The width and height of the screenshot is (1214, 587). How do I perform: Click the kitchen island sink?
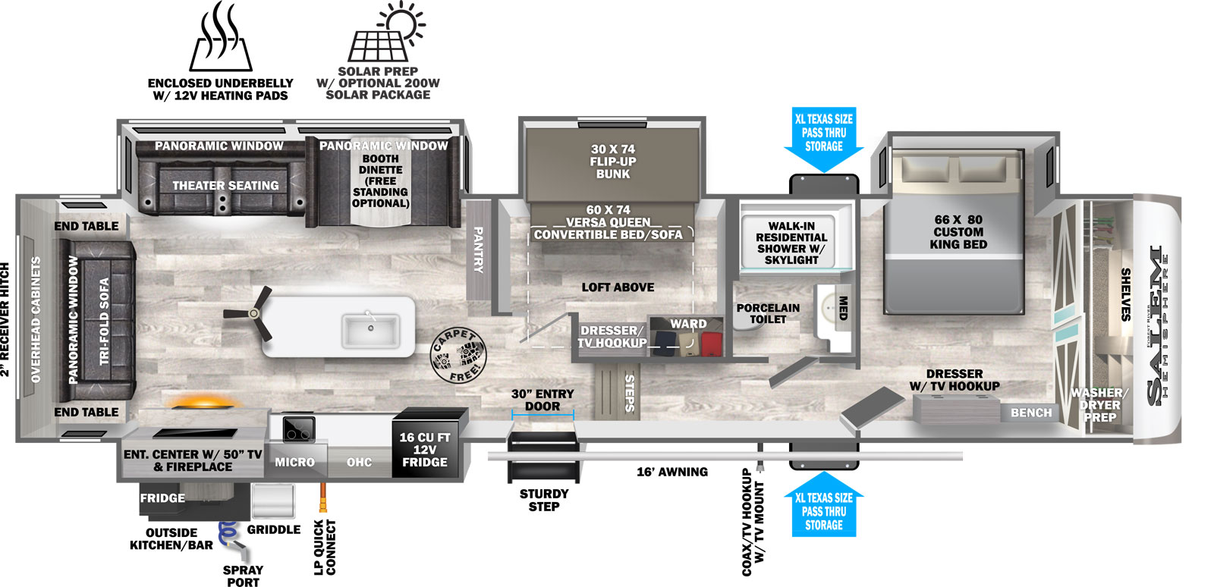point(371,330)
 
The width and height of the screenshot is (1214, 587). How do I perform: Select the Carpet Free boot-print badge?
point(458,355)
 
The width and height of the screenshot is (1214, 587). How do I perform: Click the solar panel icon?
point(385,32)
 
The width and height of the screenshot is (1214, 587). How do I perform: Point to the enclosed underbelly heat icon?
point(221,37)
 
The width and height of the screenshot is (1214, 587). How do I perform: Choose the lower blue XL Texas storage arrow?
point(824,504)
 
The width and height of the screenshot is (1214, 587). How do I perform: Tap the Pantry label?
point(479,250)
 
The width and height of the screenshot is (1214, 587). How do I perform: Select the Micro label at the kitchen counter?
point(294,462)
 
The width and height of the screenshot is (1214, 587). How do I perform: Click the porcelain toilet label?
point(768,313)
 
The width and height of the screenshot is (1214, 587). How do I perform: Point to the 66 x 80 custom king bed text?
point(958,232)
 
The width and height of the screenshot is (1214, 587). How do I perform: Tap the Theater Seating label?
point(225,185)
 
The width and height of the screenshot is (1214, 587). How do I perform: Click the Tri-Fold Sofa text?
point(105,321)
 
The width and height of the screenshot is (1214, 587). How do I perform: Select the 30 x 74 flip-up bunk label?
point(613,162)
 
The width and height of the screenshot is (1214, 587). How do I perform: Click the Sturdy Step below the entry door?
point(543,457)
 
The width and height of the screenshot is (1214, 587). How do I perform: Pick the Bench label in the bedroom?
point(1031,413)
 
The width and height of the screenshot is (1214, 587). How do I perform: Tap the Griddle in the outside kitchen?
point(272,501)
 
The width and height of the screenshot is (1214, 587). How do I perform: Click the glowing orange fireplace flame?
point(203,403)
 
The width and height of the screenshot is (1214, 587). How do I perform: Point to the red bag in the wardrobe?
point(712,344)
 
